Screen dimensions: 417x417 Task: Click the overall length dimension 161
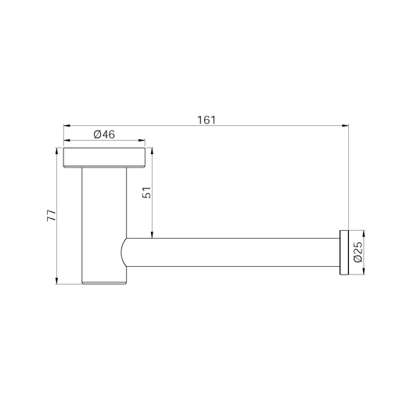[206, 120]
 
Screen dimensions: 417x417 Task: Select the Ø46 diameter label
[104, 135]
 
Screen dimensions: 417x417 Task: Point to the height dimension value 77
[51, 216]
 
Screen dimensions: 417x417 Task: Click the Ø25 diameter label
[358, 252]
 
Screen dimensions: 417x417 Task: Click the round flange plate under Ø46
[104, 156]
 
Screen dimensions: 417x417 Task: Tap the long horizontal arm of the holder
[235, 253]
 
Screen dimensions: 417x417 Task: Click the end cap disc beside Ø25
[343, 252]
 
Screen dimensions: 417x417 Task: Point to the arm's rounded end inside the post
[124, 253]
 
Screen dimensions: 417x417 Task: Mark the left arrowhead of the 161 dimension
[67, 125]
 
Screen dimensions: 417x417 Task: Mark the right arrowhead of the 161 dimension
[344, 125]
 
